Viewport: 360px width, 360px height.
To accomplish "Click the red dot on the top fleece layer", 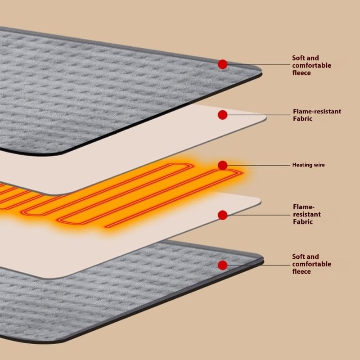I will pyautogui.click(x=222, y=64).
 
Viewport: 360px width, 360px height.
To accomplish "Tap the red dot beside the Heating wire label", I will pyautogui.click(x=222, y=166).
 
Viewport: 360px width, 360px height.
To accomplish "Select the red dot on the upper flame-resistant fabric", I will pyautogui.click(x=222, y=115).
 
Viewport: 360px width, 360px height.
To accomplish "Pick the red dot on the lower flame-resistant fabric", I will pyautogui.click(x=222, y=215).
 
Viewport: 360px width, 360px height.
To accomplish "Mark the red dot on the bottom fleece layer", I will pyautogui.click(x=222, y=264).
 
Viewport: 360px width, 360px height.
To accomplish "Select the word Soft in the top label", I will pyautogui.click(x=299, y=58).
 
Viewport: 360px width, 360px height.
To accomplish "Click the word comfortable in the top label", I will pyautogui.click(x=311, y=65).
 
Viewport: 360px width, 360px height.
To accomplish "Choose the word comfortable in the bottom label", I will pyautogui.click(x=311, y=264).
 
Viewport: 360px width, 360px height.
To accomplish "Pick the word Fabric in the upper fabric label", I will pyautogui.click(x=302, y=119).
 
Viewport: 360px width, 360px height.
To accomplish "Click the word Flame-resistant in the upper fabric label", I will pyautogui.click(x=317, y=111).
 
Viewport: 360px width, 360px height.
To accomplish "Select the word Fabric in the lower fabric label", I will pyautogui.click(x=302, y=222).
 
